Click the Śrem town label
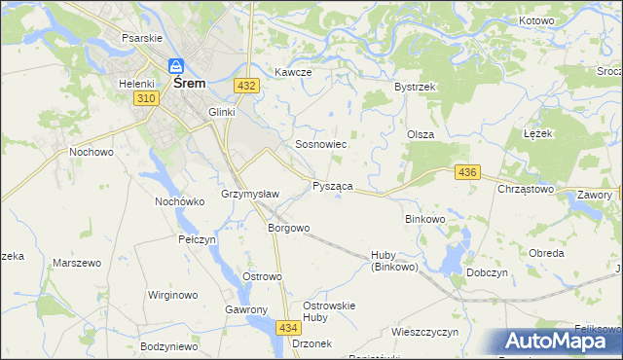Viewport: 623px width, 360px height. click(189, 84)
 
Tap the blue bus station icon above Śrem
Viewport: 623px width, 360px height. click(176, 66)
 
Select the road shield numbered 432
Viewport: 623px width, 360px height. click(246, 86)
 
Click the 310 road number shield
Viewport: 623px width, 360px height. click(146, 99)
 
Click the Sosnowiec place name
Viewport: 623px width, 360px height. click(321, 144)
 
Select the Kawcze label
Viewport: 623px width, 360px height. click(292, 72)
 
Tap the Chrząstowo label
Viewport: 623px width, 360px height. click(526, 189)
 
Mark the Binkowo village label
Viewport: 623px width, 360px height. click(424, 219)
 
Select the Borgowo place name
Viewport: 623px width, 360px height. click(288, 229)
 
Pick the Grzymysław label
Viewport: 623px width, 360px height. click(250, 194)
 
